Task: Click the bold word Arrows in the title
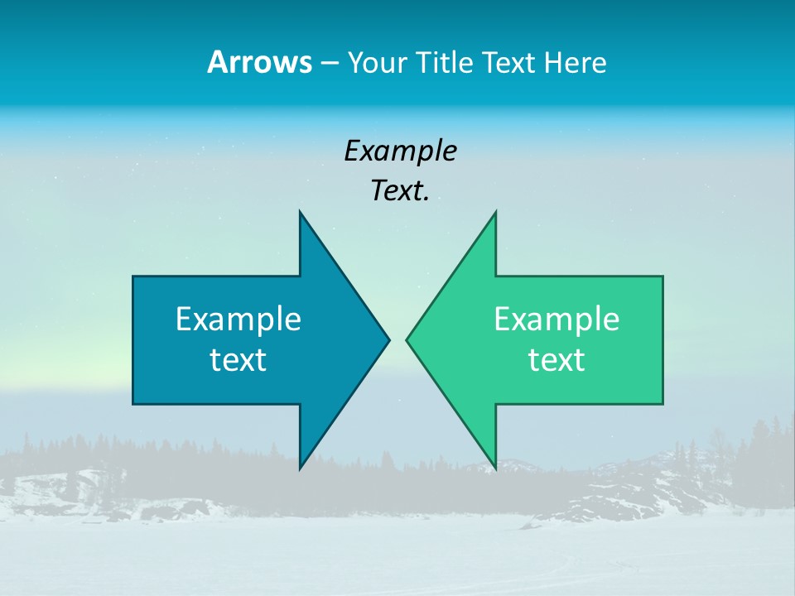pos(258,63)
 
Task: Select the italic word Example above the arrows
pos(400,151)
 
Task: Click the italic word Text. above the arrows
pos(400,191)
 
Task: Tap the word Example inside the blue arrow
pos(238,320)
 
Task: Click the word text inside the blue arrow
pos(238,360)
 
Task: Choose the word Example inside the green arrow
pos(556,320)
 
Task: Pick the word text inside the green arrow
pos(556,360)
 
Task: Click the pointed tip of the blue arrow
pos(388,339)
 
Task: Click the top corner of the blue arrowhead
pos(301,214)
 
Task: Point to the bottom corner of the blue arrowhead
pos(301,467)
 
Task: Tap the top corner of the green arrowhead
pos(494,214)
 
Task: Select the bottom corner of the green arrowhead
pos(494,467)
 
